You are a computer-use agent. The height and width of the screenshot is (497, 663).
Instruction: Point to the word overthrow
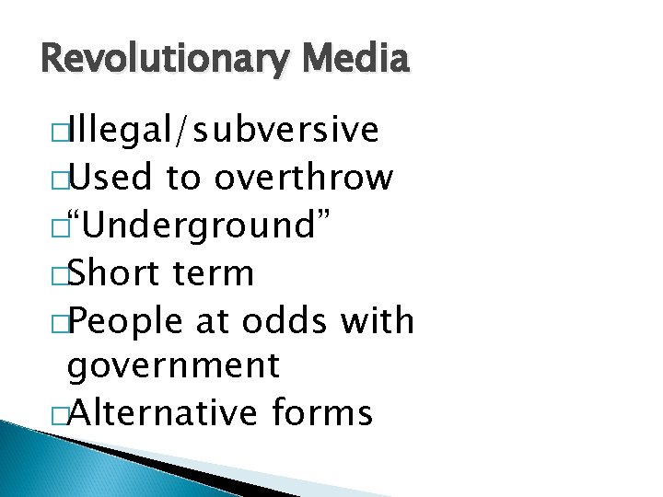(303, 178)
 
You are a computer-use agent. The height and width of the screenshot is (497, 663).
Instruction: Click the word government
(174, 366)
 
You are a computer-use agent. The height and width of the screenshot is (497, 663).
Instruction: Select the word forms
(322, 413)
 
